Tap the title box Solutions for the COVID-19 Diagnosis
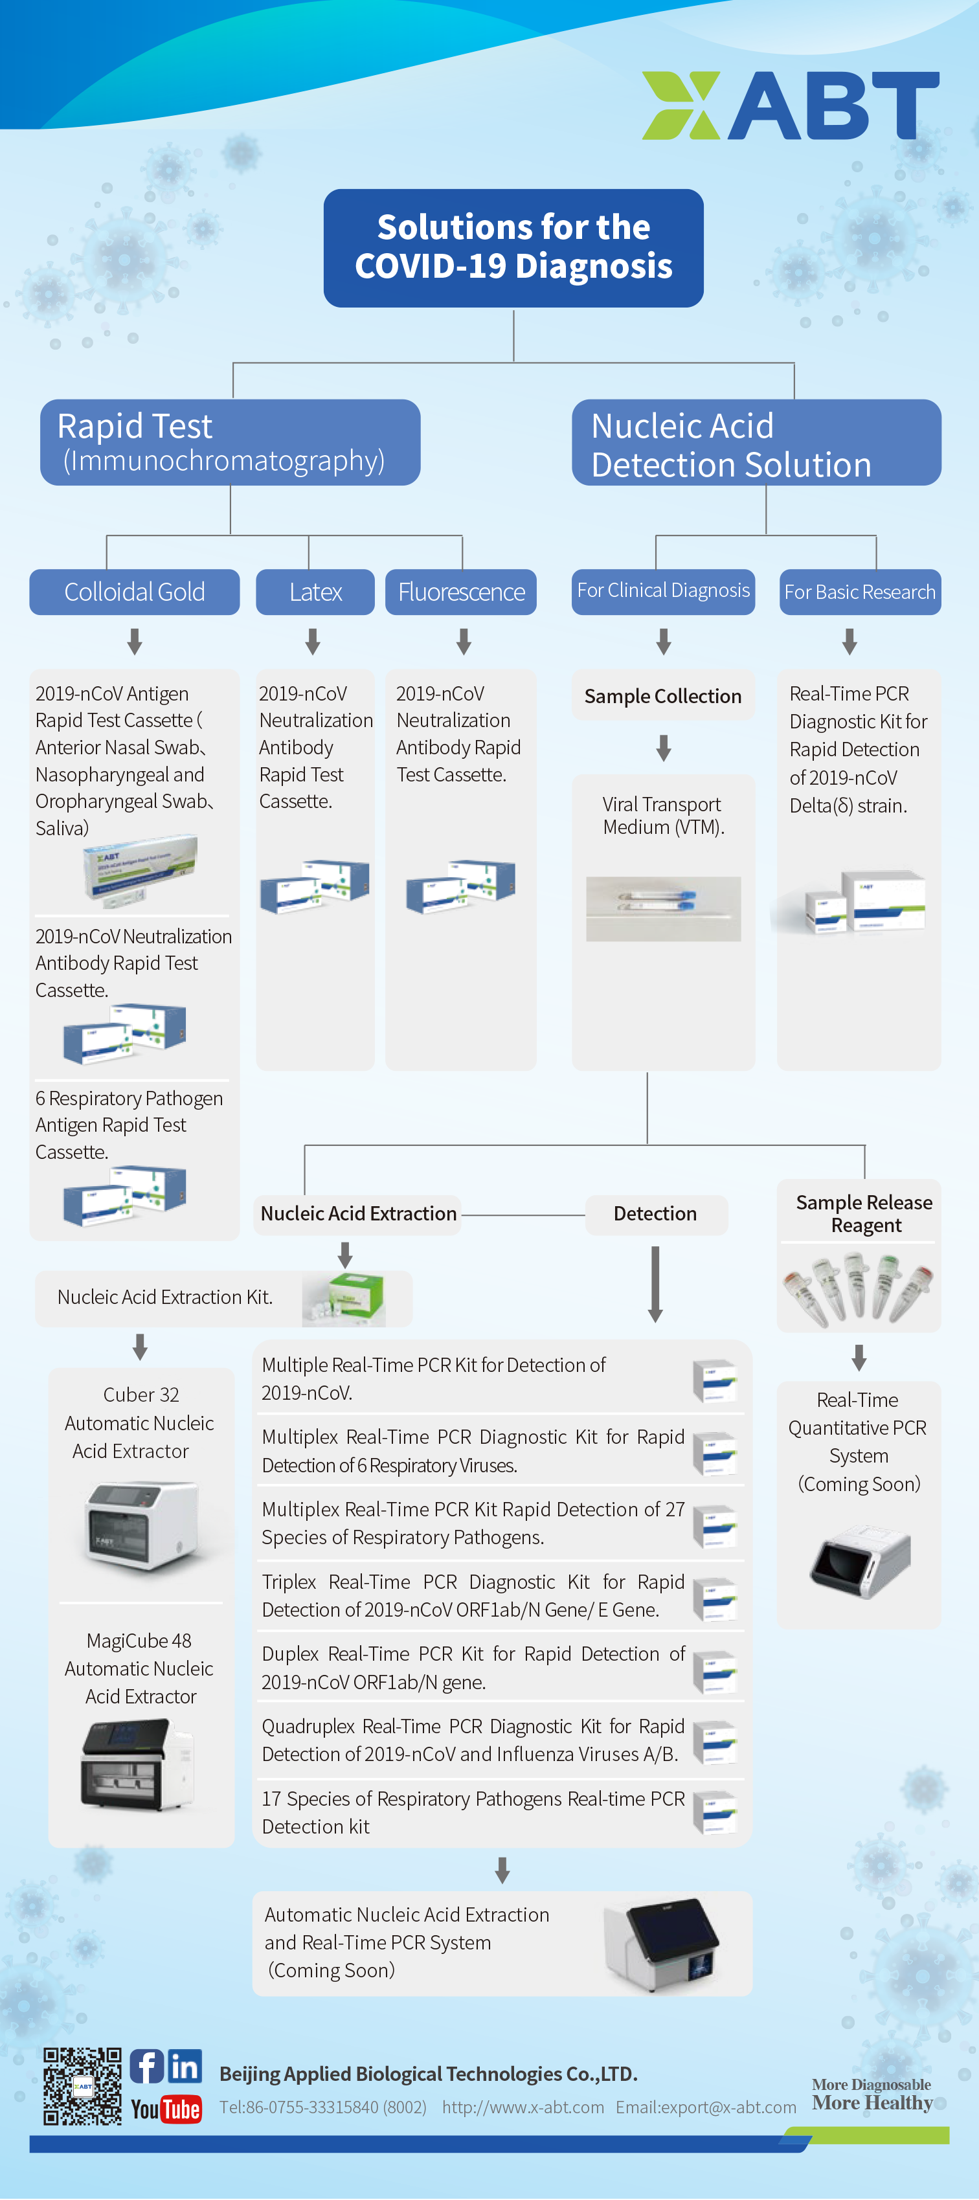[x=513, y=248]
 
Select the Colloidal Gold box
[x=134, y=592]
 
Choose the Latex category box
[x=315, y=592]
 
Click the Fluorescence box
[x=461, y=592]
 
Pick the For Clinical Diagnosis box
[x=663, y=591]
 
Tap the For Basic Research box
[x=859, y=592]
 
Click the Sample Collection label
[x=663, y=696]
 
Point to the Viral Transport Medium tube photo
[x=663, y=908]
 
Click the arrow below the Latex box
[x=313, y=642]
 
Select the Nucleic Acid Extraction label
[x=358, y=1213]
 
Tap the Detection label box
[x=655, y=1213]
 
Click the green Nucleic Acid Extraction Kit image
[x=344, y=1298]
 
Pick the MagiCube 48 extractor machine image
[x=137, y=1766]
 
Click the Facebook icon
[x=146, y=2066]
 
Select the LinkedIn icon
[x=185, y=2066]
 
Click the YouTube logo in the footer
[x=166, y=2109]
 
